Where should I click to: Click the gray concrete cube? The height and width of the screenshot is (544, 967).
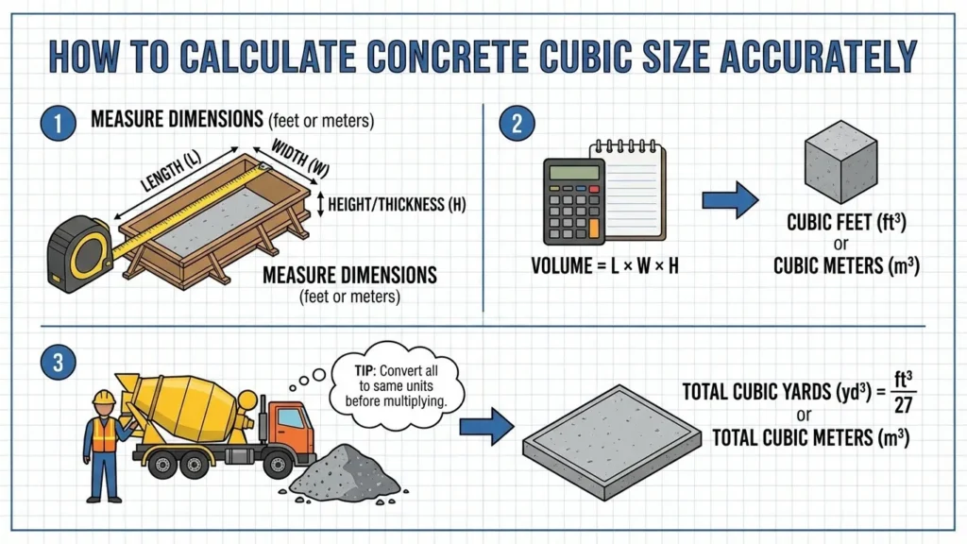coord(840,168)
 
